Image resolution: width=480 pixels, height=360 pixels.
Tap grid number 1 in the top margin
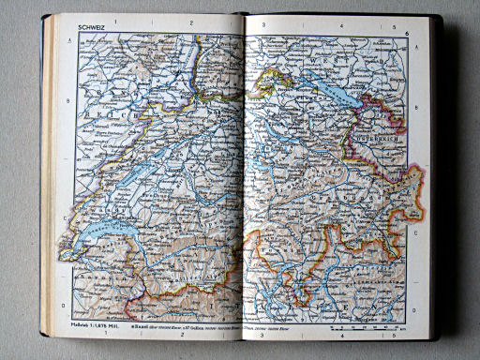113,21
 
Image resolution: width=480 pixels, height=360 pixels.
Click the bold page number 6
408,34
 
